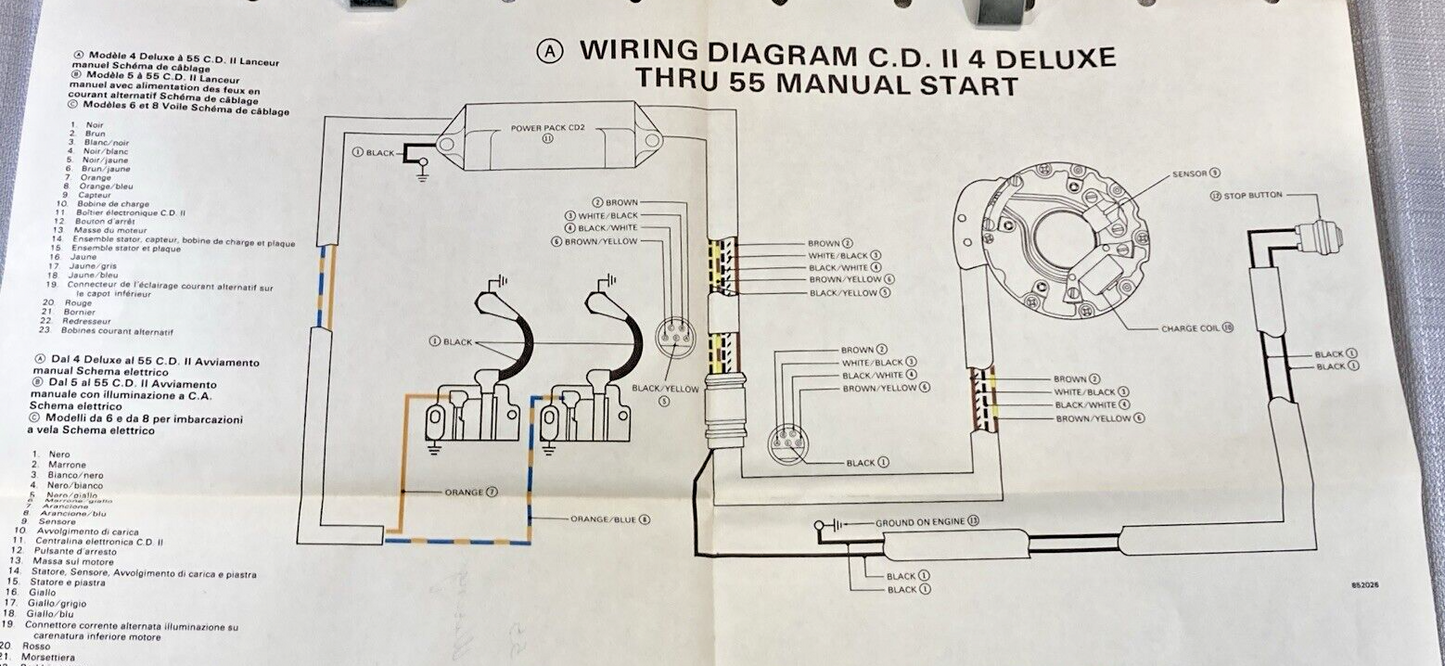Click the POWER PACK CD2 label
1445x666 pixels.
546,129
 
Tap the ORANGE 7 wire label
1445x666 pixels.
471,493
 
